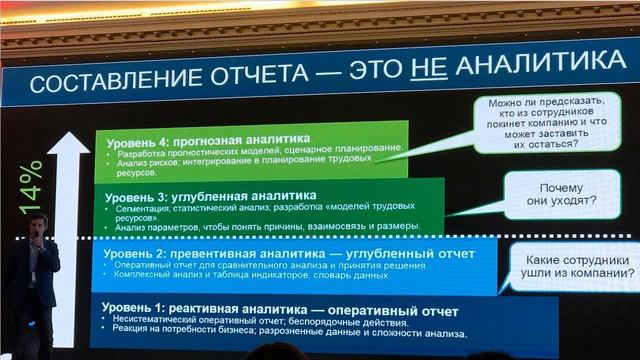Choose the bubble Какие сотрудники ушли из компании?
[575, 269]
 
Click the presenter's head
[38, 226]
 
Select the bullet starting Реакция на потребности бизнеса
[286, 332]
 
